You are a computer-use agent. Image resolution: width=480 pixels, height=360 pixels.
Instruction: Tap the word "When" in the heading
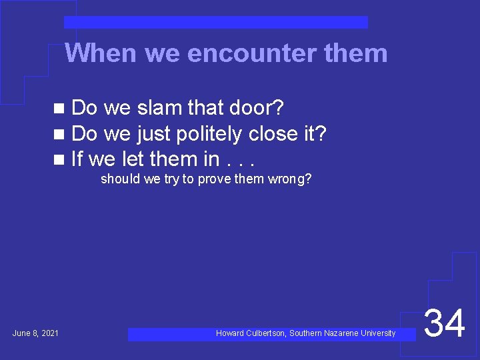(102, 53)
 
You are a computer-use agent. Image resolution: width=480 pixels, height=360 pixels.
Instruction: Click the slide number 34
(445, 325)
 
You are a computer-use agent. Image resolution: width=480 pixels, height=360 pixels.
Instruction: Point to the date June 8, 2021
(35, 333)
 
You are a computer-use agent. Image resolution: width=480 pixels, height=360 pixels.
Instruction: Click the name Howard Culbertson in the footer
(250, 333)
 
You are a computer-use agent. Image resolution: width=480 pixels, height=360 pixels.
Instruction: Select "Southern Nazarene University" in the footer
(342, 333)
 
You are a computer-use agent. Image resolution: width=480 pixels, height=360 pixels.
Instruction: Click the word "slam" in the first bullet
(160, 108)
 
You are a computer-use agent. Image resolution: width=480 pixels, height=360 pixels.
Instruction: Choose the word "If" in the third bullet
(77, 159)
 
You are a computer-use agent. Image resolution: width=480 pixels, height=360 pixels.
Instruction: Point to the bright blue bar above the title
(215, 22)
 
